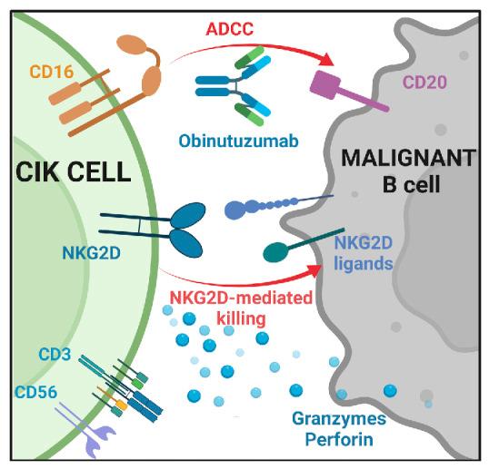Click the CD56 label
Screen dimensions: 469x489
pos(37,393)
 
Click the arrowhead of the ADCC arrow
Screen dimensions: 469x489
pos(324,59)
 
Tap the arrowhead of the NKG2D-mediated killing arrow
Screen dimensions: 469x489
pos(318,269)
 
